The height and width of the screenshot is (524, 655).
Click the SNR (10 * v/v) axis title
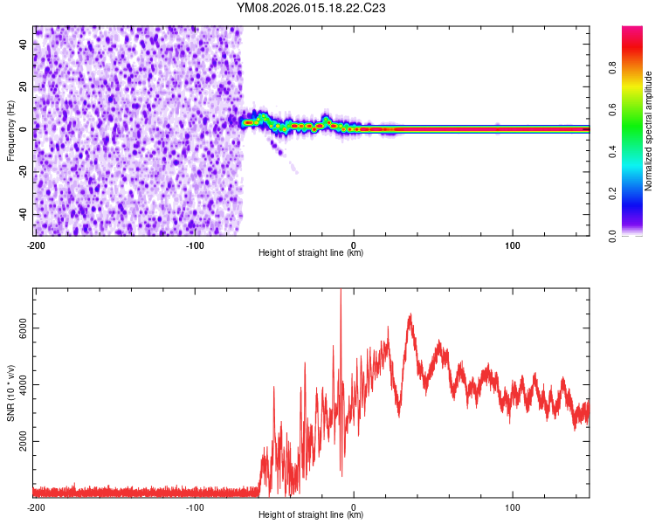10,393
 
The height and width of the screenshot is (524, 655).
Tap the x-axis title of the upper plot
311,253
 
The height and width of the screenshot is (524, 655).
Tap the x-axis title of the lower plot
311,515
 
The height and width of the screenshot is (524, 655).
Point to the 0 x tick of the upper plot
354,245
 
